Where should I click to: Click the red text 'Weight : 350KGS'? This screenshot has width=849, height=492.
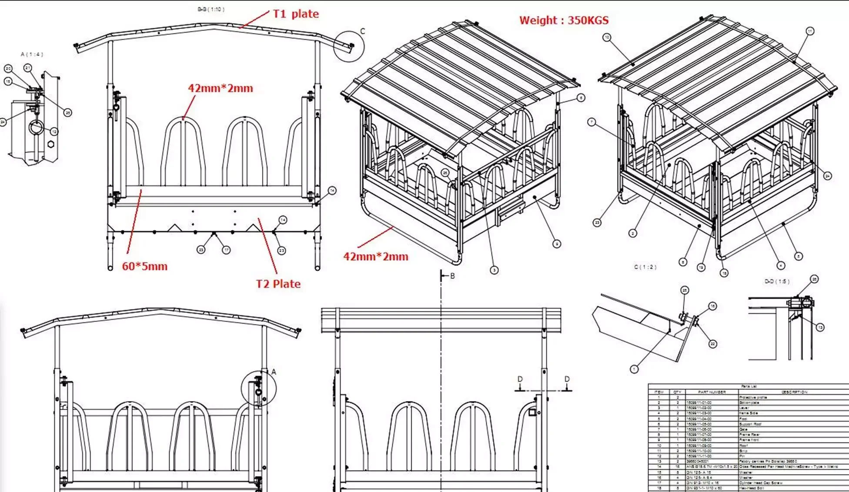[564, 20]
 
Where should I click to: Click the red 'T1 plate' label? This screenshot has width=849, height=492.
[296, 14]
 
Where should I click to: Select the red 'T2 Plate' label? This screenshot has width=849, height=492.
[278, 284]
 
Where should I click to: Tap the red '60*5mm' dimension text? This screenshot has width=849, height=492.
[144, 266]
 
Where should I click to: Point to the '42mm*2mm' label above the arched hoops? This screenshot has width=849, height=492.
[220, 88]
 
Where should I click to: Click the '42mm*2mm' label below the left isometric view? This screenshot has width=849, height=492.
[376, 257]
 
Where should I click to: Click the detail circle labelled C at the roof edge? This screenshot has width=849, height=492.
[349, 46]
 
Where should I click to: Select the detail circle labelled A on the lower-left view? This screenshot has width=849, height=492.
[258, 388]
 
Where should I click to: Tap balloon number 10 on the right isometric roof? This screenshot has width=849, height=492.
[607, 37]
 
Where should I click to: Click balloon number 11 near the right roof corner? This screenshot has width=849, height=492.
[809, 31]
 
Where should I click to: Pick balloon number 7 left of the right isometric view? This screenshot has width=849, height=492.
[591, 122]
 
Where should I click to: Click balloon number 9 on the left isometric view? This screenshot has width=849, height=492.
[557, 244]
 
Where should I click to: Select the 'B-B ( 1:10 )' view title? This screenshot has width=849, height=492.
[211, 9]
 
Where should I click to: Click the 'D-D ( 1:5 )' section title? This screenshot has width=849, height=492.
[777, 281]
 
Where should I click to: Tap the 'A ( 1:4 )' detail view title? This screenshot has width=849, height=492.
[32, 54]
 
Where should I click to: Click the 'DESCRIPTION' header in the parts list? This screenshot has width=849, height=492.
[794, 392]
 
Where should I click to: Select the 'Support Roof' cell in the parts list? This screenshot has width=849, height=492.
[749, 424]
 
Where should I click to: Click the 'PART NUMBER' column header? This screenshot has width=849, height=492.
[712, 392]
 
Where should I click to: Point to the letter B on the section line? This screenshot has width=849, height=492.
[452, 276]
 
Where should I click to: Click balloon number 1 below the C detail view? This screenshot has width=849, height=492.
[634, 369]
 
